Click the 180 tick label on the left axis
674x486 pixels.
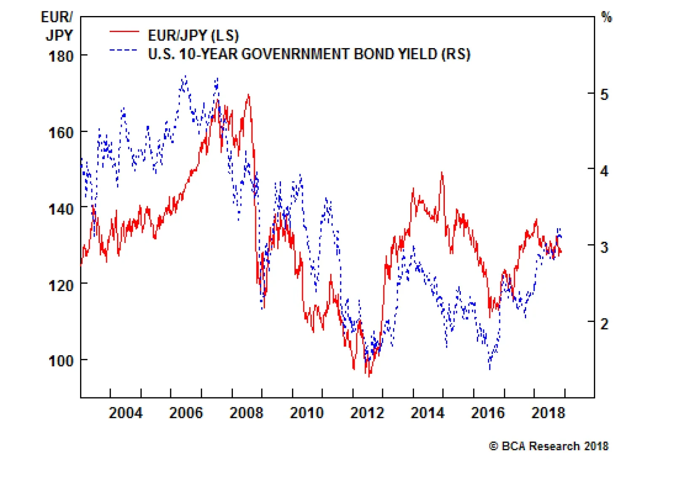(x=61, y=56)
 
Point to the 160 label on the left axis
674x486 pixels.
(x=61, y=132)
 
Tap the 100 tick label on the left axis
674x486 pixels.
(x=61, y=361)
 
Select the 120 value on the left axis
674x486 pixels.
(x=61, y=285)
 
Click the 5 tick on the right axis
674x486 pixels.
(x=604, y=94)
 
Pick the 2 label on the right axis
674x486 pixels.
(x=604, y=324)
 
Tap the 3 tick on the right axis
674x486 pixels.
(x=604, y=247)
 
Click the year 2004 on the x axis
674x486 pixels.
(x=126, y=413)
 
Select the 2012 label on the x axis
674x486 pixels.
(x=367, y=413)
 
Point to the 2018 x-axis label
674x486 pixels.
(x=548, y=413)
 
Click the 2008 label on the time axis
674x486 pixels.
(x=246, y=413)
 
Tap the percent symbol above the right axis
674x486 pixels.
(x=607, y=17)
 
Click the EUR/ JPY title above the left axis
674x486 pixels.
(x=58, y=26)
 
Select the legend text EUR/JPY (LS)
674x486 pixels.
(x=193, y=35)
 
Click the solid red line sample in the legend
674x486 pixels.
(x=124, y=32)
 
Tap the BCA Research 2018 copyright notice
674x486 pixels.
(x=548, y=446)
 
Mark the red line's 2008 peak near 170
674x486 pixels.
(x=249, y=95)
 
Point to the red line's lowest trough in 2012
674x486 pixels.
(x=369, y=376)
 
